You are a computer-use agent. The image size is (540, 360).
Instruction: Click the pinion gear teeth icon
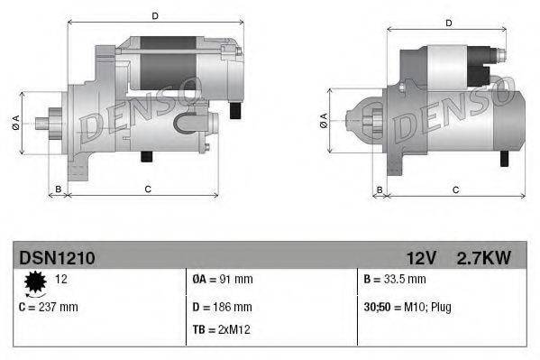click(35, 284)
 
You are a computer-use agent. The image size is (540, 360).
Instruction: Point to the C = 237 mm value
click(49, 307)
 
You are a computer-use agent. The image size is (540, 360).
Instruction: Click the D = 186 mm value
click(223, 307)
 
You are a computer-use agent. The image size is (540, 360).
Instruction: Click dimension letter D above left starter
click(155, 15)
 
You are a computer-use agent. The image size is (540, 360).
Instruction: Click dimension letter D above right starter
click(448, 23)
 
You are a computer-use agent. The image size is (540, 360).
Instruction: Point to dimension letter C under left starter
click(147, 189)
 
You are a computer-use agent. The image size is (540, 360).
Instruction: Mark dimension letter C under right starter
click(455, 189)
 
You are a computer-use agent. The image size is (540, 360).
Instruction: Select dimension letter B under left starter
click(59, 189)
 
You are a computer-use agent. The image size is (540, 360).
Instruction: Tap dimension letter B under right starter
click(380, 189)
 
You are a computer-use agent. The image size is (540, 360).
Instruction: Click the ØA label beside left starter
click(16, 122)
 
